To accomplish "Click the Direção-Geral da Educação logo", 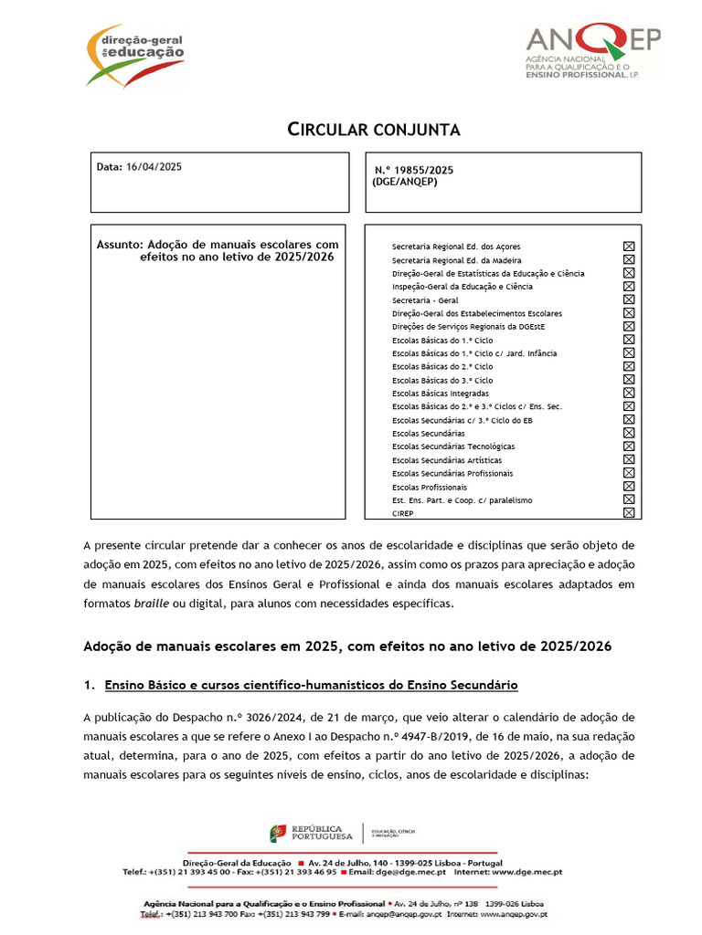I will [135, 55].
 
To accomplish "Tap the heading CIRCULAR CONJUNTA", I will [375, 130].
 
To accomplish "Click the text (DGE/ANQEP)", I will [405, 182].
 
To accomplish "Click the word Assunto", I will [120, 245].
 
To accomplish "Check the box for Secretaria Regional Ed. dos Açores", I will [628, 247].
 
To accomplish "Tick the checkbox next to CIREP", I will [628, 513].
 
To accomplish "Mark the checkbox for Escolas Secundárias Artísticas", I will [628, 460].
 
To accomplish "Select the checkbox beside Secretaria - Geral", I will [628, 299].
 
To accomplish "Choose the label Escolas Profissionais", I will [430, 487].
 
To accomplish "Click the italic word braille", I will [151, 604].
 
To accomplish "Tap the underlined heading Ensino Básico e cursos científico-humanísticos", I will [312, 684].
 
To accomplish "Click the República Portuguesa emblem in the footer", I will [278, 833].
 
